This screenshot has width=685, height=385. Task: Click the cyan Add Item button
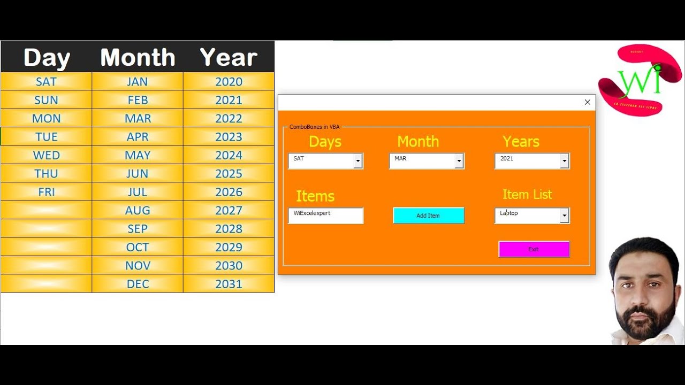(428, 215)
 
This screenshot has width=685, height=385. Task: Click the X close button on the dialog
(587, 102)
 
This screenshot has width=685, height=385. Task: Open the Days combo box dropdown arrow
(358, 161)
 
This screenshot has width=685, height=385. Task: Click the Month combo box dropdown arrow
(459, 161)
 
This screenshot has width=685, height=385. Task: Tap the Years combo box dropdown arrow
(564, 161)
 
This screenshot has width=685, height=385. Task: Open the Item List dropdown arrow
(564, 215)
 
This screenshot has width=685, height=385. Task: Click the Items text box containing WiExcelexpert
(325, 215)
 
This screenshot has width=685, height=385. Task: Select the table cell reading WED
(47, 155)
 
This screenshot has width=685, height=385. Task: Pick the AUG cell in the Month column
(138, 210)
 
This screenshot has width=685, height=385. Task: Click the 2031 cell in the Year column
(229, 284)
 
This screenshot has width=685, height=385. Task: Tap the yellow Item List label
(527, 195)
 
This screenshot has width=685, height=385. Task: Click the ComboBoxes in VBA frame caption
(314, 127)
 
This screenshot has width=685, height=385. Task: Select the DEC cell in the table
(138, 284)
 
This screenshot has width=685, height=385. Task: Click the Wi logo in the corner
(640, 80)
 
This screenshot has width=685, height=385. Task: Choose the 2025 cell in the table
(229, 174)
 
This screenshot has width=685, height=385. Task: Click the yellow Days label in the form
(325, 142)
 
